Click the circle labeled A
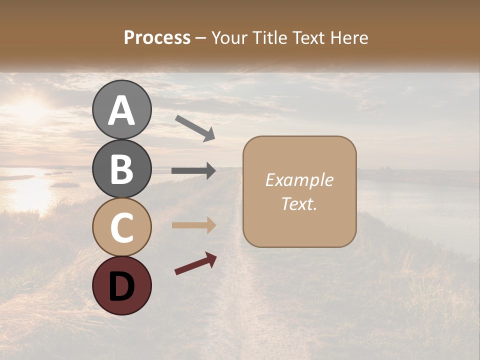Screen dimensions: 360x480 coord(122,109)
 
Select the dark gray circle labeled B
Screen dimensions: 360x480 coord(122,168)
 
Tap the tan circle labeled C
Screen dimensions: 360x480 coord(122,227)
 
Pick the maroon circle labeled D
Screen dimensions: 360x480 coord(122,285)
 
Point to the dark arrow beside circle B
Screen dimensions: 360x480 coord(193,171)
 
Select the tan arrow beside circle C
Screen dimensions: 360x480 coord(193,225)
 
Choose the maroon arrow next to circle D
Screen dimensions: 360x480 coord(195,263)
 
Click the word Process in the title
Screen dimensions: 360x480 coord(157,38)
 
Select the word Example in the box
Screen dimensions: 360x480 coord(299,180)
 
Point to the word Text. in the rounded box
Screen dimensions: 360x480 coord(299,203)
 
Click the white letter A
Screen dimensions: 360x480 coord(122,110)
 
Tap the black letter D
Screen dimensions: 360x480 coord(122,286)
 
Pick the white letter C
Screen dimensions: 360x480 coord(122,227)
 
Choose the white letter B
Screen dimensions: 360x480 coord(122,169)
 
